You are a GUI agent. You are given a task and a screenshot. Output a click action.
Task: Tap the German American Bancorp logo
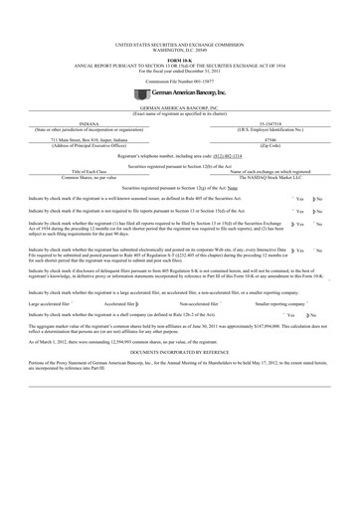[180, 63]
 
